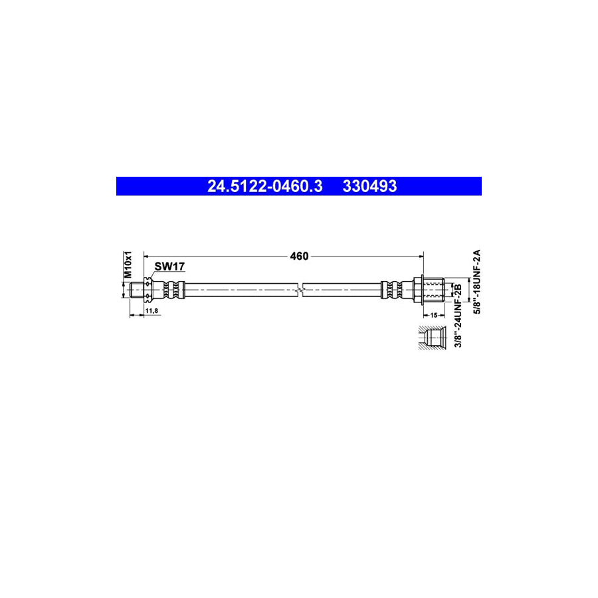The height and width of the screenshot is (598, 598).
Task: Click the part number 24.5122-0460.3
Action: [264, 187]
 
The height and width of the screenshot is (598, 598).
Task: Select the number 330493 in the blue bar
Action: [370, 187]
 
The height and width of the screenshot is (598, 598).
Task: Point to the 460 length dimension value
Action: [299, 256]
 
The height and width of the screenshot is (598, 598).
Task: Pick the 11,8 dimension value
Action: [151, 311]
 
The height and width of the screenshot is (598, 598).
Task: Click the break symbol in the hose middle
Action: [301, 290]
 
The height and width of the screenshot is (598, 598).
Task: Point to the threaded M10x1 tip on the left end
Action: [138, 290]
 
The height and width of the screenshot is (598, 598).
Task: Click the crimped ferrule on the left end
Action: [171, 290]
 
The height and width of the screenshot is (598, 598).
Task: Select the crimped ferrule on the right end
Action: [392, 290]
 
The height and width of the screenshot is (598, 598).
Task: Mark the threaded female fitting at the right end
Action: [434, 290]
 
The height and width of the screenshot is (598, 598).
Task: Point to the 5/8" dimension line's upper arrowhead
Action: [469, 280]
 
